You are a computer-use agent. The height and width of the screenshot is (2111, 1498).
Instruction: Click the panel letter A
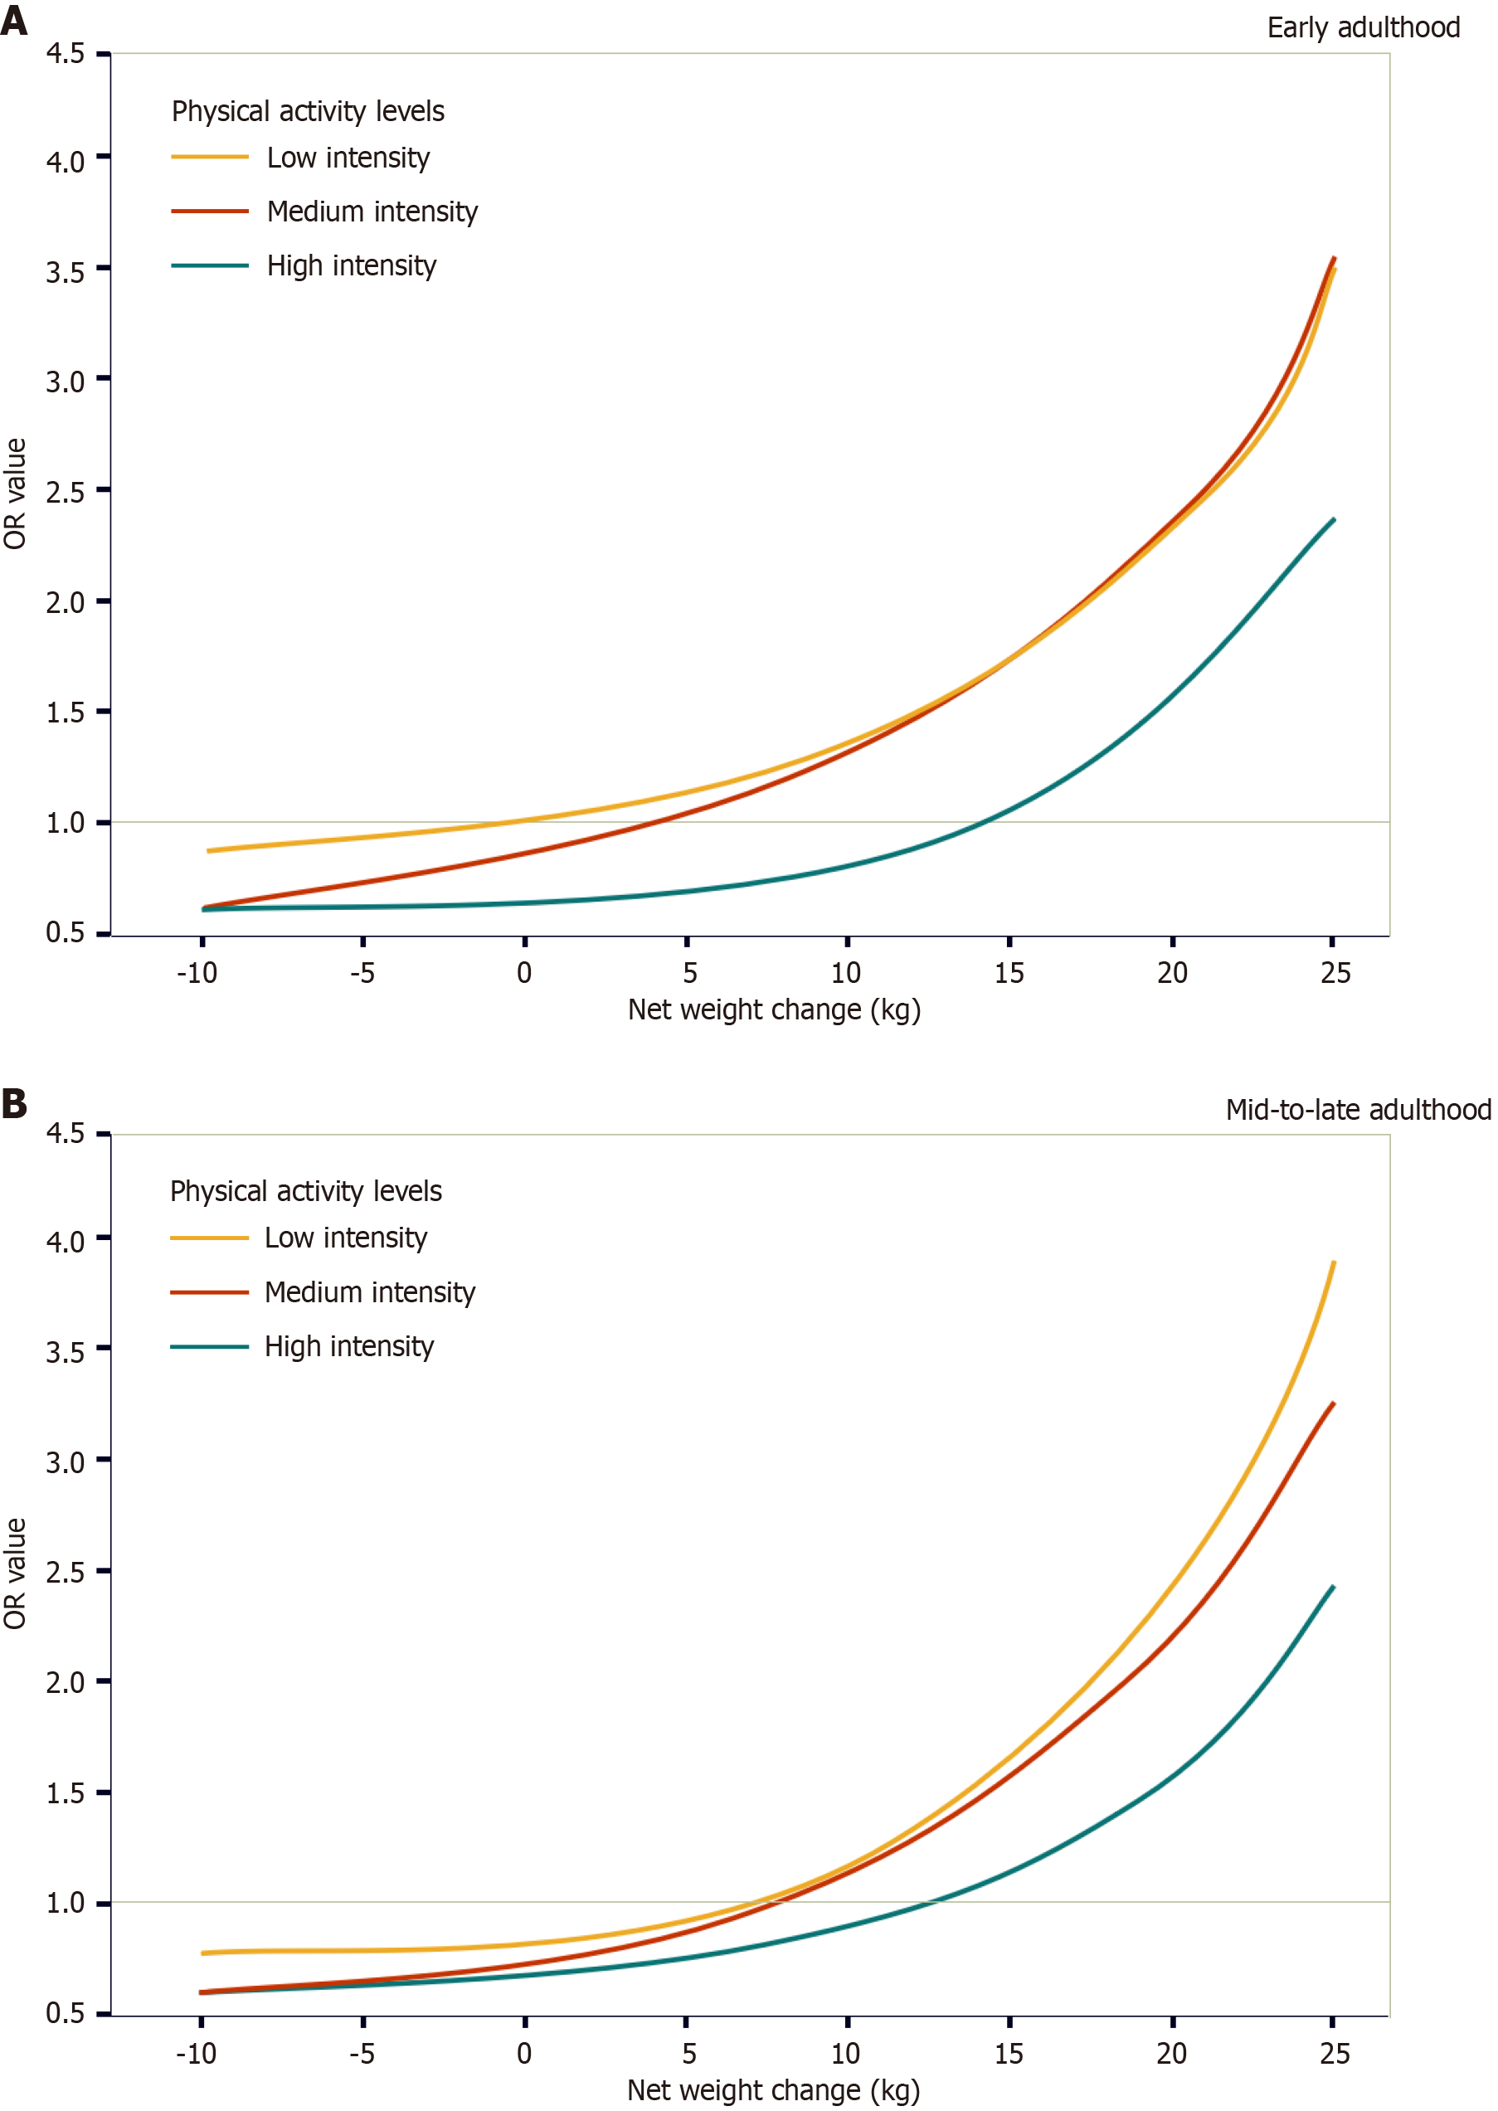point(14,19)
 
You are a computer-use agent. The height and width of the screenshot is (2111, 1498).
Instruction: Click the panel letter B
point(14,1103)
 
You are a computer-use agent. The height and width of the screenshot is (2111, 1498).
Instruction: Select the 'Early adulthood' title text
point(1363,27)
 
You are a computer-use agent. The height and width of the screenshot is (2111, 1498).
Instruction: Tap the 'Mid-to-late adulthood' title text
point(1358,1110)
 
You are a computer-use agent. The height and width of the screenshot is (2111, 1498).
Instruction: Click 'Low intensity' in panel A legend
point(348,158)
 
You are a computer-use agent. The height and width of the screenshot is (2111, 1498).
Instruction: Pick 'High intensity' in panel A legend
point(352,265)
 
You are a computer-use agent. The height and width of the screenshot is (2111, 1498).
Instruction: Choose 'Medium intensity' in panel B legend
point(370,1292)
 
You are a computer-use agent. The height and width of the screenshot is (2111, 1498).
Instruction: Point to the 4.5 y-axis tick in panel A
point(66,53)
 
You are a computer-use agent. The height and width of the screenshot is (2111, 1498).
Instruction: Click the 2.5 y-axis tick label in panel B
point(66,1572)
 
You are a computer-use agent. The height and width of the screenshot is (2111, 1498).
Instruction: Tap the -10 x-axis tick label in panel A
point(197,973)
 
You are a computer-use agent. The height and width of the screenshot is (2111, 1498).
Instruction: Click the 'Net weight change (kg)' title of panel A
point(774,1009)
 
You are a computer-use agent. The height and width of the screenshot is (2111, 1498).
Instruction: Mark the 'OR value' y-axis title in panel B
point(15,1574)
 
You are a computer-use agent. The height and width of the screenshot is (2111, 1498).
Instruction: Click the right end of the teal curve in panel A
point(1334,520)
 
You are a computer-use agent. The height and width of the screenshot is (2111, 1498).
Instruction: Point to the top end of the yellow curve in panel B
point(1334,1262)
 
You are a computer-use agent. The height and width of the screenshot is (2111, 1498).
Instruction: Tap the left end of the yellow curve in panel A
point(209,850)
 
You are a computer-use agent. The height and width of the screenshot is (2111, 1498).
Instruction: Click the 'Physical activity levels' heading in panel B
point(305,1191)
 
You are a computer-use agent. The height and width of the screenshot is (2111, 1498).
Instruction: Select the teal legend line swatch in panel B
point(209,1346)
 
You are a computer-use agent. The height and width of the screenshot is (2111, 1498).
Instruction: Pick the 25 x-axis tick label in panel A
point(1335,973)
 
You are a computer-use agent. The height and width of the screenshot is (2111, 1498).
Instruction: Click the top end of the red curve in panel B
point(1334,1403)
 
